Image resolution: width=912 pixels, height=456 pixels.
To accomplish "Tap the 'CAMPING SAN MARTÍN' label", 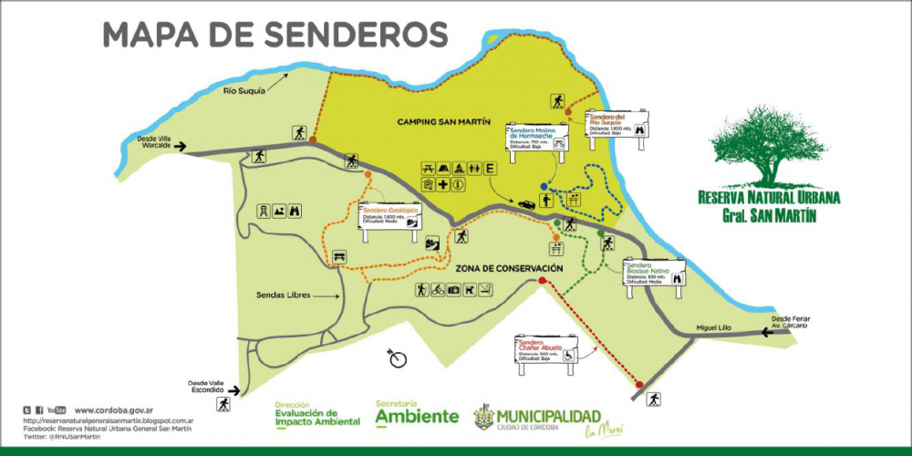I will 444,121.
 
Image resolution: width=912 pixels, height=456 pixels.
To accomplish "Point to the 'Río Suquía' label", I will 244,91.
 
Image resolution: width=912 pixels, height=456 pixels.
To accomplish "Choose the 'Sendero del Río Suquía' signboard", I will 617,123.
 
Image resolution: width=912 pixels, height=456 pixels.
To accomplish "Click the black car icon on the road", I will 527,204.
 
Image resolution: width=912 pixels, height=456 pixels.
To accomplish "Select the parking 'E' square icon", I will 491,168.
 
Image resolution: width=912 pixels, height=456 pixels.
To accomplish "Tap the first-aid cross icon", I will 442,185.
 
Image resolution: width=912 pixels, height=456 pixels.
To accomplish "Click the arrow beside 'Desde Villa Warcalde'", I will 181,146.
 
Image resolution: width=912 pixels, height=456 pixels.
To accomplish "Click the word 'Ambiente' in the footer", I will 417,417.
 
